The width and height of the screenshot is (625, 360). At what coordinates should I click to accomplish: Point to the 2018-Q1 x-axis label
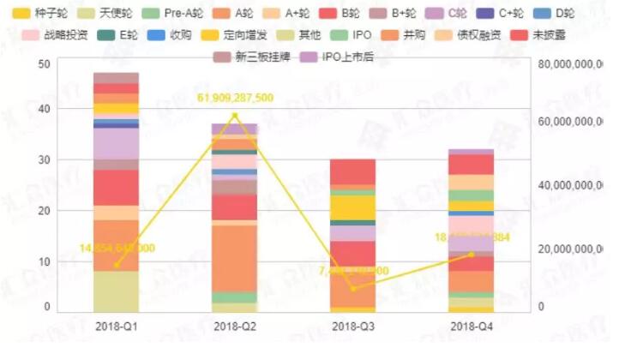click(117, 327)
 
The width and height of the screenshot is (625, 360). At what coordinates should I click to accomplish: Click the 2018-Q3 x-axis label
click(353, 327)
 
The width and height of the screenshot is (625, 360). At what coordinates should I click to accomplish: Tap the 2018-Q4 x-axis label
click(472, 327)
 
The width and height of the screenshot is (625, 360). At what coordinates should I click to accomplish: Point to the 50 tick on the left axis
click(45, 64)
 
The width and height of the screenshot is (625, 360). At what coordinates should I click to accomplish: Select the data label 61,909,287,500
click(235, 98)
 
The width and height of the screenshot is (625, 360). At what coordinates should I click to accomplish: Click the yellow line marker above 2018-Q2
click(235, 116)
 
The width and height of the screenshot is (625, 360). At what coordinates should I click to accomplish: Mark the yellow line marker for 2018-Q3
click(353, 288)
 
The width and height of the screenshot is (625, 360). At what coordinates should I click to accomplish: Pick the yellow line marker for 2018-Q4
click(472, 254)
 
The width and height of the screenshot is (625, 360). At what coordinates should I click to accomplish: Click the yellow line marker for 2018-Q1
click(117, 265)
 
